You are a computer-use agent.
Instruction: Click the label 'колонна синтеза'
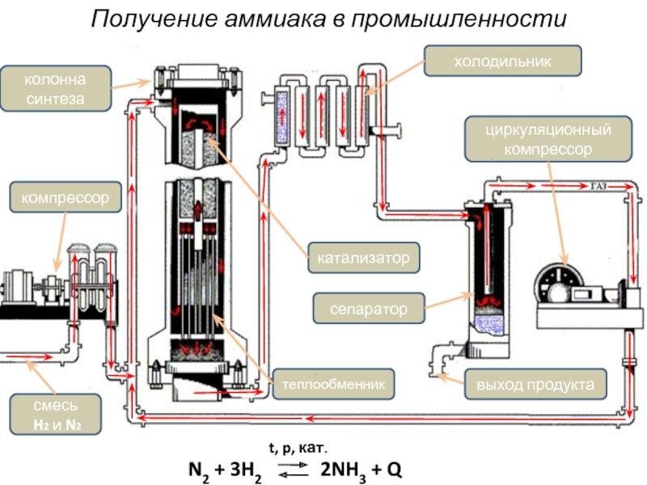pyautogui.click(x=56, y=89)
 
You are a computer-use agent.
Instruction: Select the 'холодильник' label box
pyautogui.click(x=502, y=61)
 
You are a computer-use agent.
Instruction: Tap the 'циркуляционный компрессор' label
pyautogui.click(x=548, y=139)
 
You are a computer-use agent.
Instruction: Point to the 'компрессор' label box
pyautogui.click(x=66, y=197)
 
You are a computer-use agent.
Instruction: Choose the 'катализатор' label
pyautogui.click(x=363, y=258)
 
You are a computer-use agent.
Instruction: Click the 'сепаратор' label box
pyautogui.click(x=369, y=309)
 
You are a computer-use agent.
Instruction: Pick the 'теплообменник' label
pyautogui.click(x=333, y=384)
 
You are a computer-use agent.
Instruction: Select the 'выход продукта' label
pyautogui.click(x=535, y=385)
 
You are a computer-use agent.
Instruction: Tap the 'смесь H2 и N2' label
pyautogui.click(x=55, y=415)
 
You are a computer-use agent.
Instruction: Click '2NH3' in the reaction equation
pyautogui.click(x=343, y=470)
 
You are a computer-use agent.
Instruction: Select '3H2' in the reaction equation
pyautogui.click(x=246, y=470)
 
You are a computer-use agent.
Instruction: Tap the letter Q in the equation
pyautogui.click(x=395, y=470)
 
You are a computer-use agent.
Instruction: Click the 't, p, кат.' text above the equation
pyautogui.click(x=298, y=448)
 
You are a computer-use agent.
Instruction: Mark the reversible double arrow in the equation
pyautogui.click(x=293, y=470)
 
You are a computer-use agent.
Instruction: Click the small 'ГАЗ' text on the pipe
pyautogui.click(x=598, y=187)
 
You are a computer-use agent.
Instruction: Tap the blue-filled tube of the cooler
pyautogui.click(x=282, y=116)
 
